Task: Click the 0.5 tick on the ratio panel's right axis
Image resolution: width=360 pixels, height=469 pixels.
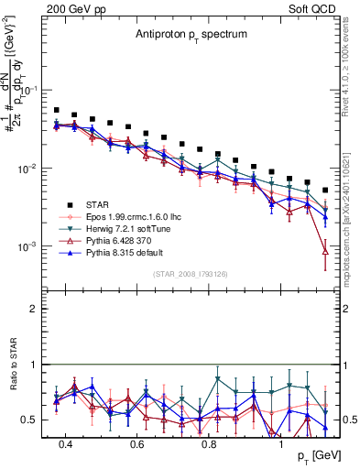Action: pos(349,420)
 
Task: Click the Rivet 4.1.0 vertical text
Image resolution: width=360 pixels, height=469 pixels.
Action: pos(346,73)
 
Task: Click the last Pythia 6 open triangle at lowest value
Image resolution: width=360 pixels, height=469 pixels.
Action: pos(325,251)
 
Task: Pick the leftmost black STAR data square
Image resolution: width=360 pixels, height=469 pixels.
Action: pos(57,110)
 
